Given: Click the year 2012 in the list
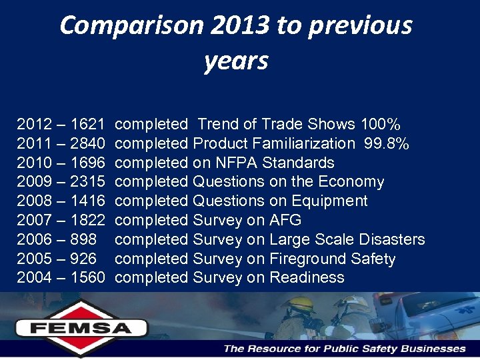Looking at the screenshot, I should [x=33, y=125].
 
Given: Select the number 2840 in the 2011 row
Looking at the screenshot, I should [x=87, y=144].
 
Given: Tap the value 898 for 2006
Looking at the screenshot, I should [x=83, y=239].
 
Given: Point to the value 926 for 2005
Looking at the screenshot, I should [x=83, y=259].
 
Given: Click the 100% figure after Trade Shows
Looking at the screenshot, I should [x=380, y=125].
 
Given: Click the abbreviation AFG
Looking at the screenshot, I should [x=286, y=221].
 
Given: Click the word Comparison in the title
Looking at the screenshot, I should [x=130, y=26].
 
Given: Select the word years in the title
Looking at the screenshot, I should [x=236, y=61].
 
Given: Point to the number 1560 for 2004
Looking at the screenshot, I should [x=87, y=278].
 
